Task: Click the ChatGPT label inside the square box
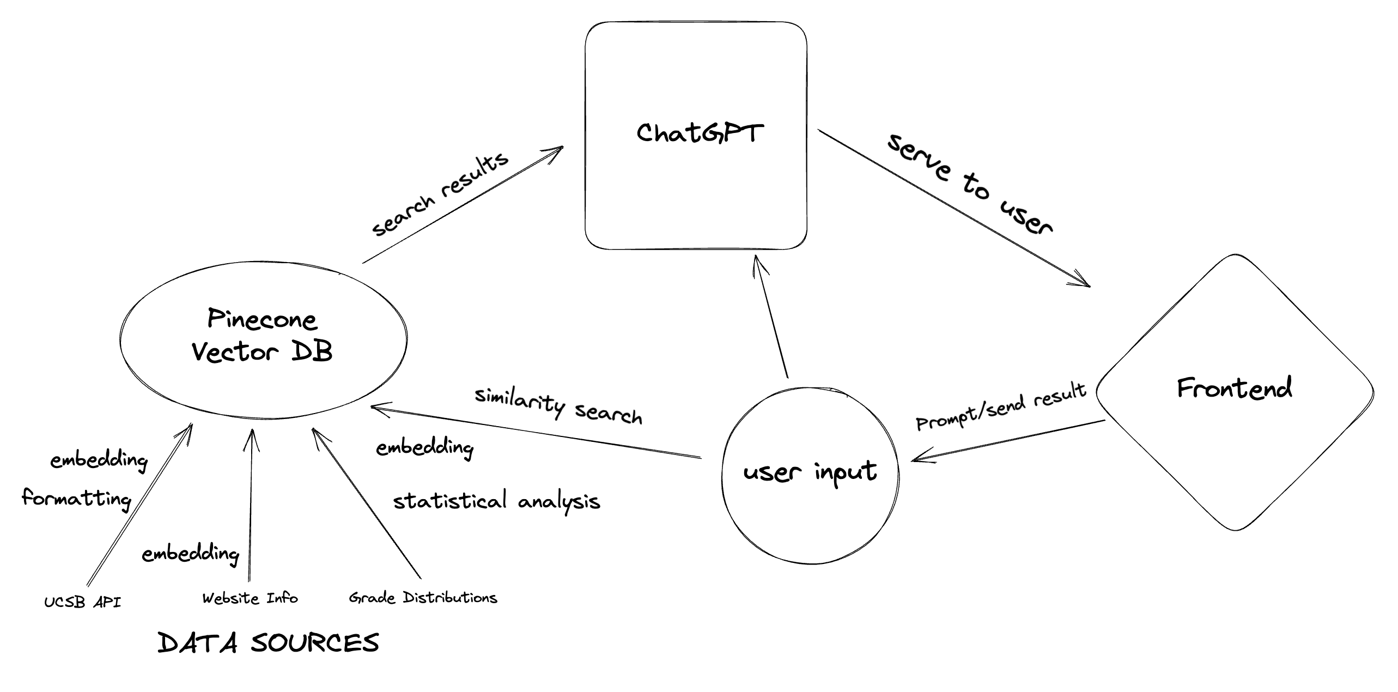pyautogui.click(x=700, y=132)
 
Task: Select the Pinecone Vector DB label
pyautogui.click(x=262, y=335)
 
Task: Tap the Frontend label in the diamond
pyautogui.click(x=1234, y=389)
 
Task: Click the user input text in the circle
pyautogui.click(x=810, y=472)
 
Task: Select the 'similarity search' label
pyautogui.click(x=558, y=405)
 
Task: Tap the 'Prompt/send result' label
pyautogui.click(x=1001, y=406)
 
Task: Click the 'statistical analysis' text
pyautogui.click(x=496, y=501)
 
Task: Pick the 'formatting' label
pyautogui.click(x=77, y=498)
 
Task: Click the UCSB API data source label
pyautogui.click(x=83, y=602)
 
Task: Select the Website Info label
pyautogui.click(x=250, y=598)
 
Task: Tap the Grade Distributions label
pyautogui.click(x=423, y=598)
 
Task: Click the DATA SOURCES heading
pyautogui.click(x=268, y=643)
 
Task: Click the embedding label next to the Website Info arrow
pyautogui.click(x=190, y=554)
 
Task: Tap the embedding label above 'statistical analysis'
pyautogui.click(x=424, y=448)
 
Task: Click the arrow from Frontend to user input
pyautogui.click(x=1008, y=440)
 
